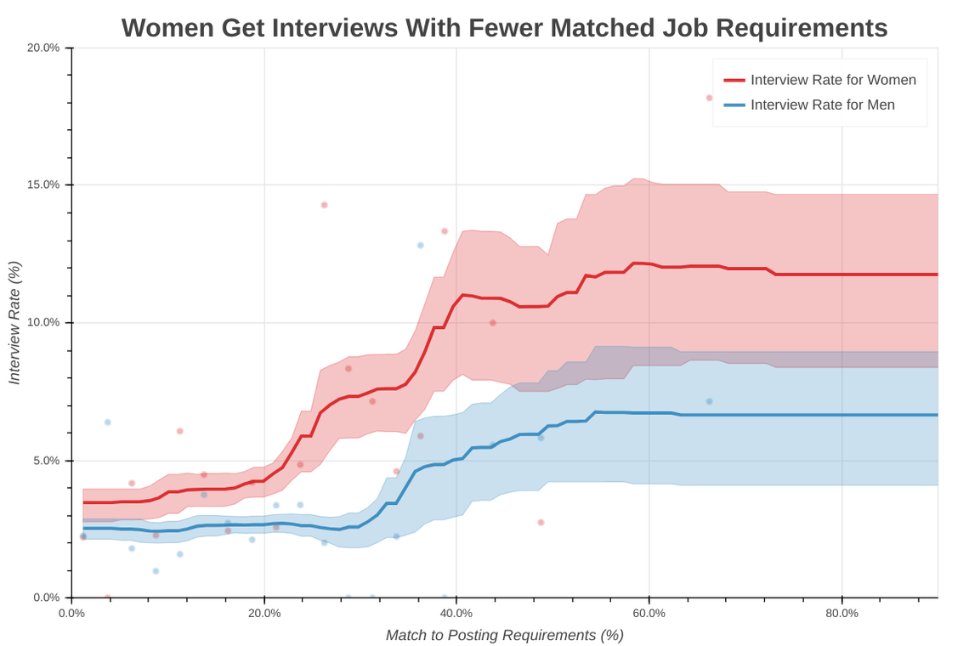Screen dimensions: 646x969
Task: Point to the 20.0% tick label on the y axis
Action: [43, 48]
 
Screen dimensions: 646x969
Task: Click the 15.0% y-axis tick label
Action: [43, 184]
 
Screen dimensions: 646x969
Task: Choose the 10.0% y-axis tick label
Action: [43, 322]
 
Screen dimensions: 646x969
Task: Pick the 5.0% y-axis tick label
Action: [46, 461]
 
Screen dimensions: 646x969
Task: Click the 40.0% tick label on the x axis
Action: [457, 613]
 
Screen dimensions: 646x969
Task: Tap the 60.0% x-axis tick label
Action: [649, 613]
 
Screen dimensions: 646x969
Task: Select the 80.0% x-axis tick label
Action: [841, 613]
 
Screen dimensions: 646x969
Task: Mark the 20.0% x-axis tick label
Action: [264, 613]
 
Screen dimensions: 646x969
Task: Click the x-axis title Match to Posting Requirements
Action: [505, 635]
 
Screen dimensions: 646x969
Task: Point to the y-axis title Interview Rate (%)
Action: [14, 323]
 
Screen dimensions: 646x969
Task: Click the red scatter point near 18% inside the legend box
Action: [709, 98]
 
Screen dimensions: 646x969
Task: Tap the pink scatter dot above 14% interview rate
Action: [324, 205]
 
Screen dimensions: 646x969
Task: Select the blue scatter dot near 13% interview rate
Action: [420, 245]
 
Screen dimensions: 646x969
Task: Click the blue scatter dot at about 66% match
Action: [709, 401]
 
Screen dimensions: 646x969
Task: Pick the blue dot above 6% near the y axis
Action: [108, 422]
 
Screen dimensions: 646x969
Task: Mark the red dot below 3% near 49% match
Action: [541, 522]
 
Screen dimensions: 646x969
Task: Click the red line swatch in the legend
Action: [734, 80]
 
